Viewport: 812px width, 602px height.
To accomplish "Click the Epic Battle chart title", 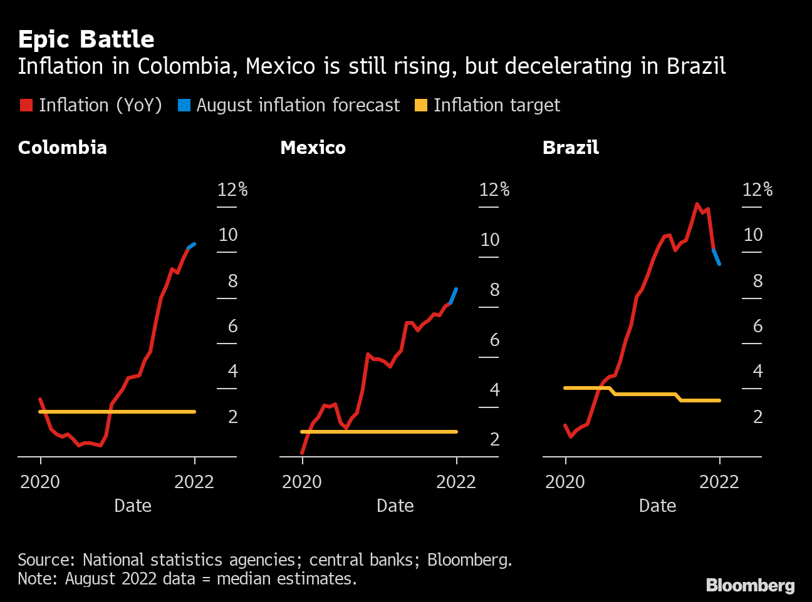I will pos(86,39).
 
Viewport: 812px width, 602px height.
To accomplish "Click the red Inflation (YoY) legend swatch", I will pos(26,105).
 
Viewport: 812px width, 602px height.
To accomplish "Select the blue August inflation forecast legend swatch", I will pos(184,105).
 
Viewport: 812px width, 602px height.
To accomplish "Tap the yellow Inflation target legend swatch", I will pos(421,105).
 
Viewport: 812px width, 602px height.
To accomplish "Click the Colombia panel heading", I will pos(62,148).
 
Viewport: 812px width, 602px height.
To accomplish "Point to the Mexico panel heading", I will pos(313,148).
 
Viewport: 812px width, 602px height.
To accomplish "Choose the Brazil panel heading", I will pos(570,148).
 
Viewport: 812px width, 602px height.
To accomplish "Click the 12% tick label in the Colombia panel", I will pos(232,190).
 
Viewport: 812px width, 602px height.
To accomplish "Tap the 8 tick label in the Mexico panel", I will pos(494,290).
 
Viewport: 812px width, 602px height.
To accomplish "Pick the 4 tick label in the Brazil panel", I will pos(757,371).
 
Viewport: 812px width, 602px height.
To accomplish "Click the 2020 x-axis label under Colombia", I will pos(40,482).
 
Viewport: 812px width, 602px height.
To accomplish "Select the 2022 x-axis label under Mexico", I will pos(456,482).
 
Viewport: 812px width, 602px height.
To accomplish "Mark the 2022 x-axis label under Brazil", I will pos(719,482).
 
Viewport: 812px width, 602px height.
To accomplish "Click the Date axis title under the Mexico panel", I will pos(395,506).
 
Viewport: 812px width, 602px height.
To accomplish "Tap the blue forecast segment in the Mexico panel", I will pos(454,295).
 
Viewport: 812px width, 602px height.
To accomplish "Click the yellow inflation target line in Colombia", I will pos(119,412).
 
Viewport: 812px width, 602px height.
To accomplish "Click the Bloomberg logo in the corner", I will pos(750,586).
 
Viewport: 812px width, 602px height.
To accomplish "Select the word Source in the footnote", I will pos(45,559).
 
